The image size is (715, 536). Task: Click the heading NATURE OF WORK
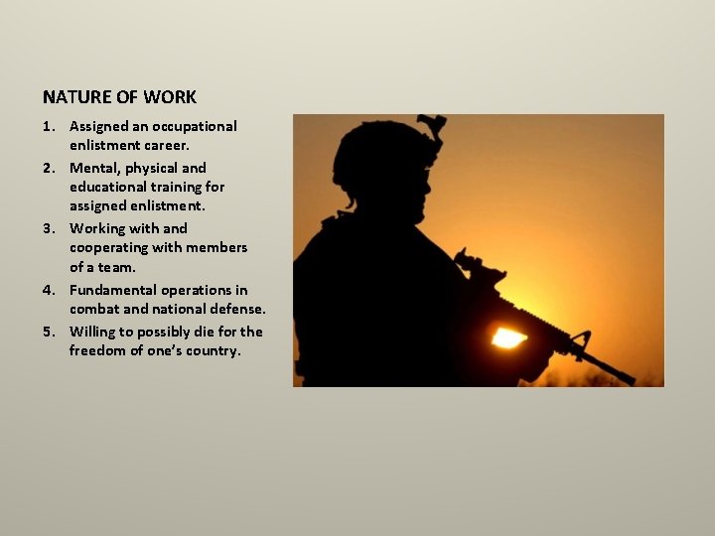[x=119, y=97]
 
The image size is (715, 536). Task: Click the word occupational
[x=195, y=126]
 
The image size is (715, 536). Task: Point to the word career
[x=166, y=145]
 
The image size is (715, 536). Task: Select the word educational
[x=111, y=187]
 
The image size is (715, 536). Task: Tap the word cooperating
[x=109, y=247]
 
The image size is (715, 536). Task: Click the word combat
[x=93, y=309]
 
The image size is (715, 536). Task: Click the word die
[x=210, y=332]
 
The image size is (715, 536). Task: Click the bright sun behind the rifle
[x=507, y=337]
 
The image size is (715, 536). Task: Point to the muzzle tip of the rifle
[x=630, y=379]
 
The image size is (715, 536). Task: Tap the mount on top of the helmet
[x=433, y=127]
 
